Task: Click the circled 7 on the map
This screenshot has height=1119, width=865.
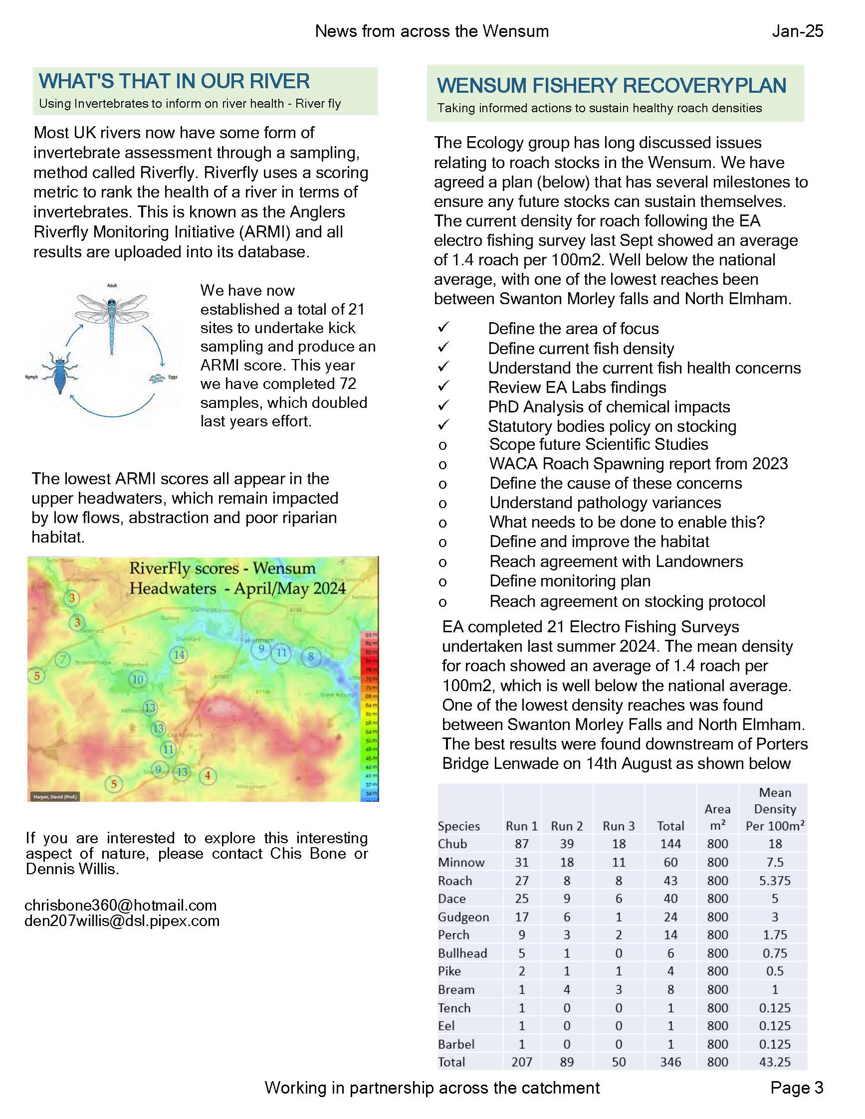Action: [62, 659]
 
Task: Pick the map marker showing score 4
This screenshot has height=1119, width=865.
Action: [208, 775]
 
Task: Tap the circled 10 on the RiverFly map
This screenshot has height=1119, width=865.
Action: [137, 679]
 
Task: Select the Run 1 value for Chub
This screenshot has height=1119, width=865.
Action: [521, 844]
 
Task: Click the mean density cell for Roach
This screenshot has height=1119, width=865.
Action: [774, 881]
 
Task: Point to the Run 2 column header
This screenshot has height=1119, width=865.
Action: [566, 826]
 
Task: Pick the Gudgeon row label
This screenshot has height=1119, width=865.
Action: [463, 917]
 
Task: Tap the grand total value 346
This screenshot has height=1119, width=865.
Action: [670, 1062]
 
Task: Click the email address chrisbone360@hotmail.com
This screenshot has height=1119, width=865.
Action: [120, 906]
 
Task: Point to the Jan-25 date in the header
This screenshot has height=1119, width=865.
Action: [797, 31]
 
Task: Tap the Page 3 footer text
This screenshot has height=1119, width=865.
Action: [796, 1087]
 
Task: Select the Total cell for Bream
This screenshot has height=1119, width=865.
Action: [670, 989]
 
